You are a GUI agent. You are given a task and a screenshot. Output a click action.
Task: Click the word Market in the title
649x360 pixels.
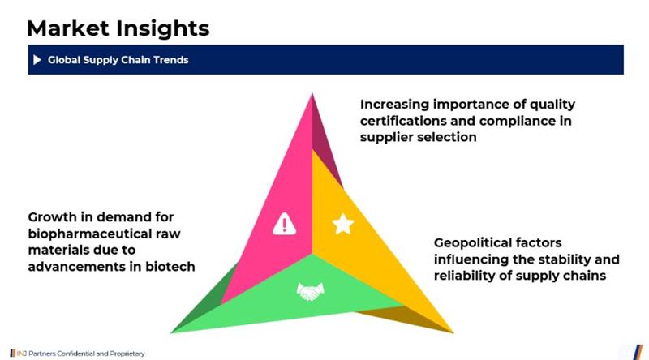67,28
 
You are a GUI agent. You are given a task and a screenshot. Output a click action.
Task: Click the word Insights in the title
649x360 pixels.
163,29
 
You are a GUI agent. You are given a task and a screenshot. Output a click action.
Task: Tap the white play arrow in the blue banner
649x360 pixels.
37,60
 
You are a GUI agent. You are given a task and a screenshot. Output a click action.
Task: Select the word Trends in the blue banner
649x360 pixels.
171,60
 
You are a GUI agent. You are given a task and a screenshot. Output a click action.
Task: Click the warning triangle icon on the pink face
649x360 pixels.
284,224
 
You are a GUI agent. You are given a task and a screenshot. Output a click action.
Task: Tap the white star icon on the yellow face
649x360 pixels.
343,224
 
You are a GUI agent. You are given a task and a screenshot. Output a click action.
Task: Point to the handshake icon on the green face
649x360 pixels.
311,291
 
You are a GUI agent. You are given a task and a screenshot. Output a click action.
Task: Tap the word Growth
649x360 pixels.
52,216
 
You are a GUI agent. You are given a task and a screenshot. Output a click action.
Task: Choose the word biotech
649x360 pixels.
170,267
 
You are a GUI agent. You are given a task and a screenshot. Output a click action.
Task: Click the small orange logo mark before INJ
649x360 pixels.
13,354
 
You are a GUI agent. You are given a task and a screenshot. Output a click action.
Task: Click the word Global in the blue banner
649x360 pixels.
64,60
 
